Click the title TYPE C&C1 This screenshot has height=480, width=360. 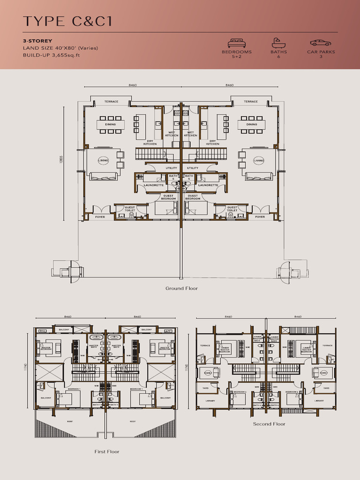tap(67, 21)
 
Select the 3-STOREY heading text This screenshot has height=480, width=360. tap(37, 41)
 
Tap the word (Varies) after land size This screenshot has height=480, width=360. tap(88, 48)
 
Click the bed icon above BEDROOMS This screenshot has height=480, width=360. tap(237, 43)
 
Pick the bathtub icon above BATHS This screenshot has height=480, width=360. tap(278, 43)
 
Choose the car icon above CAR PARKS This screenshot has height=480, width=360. tap(320, 43)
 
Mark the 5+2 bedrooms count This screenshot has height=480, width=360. tap(237, 56)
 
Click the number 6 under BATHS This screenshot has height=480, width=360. tap(278, 56)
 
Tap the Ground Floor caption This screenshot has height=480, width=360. tap(181, 288)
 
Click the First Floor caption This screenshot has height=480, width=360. tap(107, 451)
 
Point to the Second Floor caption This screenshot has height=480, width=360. tap(269, 424)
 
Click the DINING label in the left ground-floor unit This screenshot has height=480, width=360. tap(110, 125)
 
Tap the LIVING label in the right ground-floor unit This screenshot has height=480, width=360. tap(259, 160)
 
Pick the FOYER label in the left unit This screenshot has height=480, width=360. tap(100, 217)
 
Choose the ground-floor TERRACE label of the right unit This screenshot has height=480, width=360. tap(250, 102)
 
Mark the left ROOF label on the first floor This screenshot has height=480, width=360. tap(69, 421)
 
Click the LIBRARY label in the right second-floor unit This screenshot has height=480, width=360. tap(319, 401)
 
